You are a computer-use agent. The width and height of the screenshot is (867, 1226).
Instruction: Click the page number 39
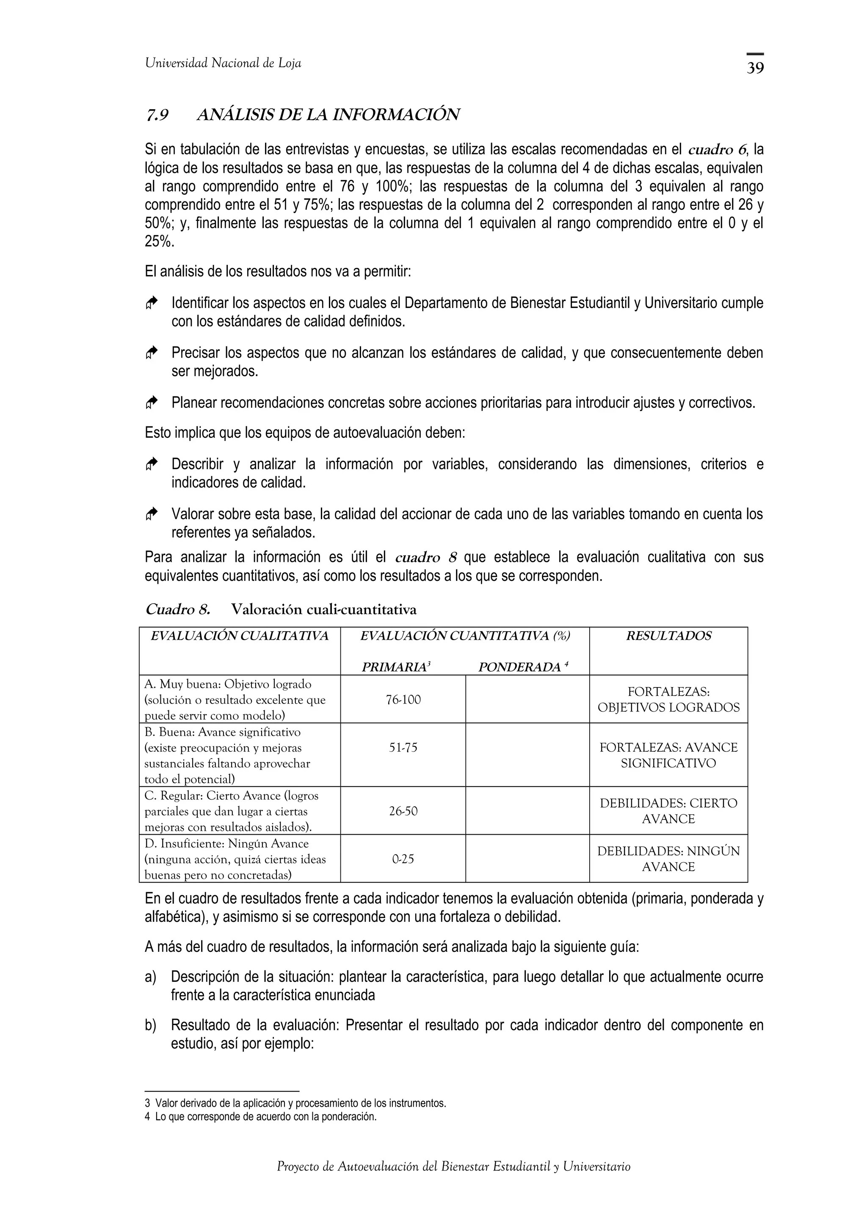point(755,68)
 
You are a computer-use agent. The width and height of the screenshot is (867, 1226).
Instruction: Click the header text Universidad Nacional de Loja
point(223,63)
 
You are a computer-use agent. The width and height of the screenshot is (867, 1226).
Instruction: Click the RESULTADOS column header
point(668,636)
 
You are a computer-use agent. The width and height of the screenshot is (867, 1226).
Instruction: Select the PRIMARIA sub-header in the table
point(396,667)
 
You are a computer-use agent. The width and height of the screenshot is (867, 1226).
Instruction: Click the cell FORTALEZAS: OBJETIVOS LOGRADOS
point(668,699)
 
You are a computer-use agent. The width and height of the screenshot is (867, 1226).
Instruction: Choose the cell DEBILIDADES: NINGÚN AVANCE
point(668,859)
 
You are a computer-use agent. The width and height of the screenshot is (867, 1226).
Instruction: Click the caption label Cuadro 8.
point(177,609)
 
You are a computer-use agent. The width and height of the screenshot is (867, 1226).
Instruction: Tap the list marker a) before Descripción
point(150,977)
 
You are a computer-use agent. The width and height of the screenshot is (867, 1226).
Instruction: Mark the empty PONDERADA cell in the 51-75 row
point(527,754)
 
